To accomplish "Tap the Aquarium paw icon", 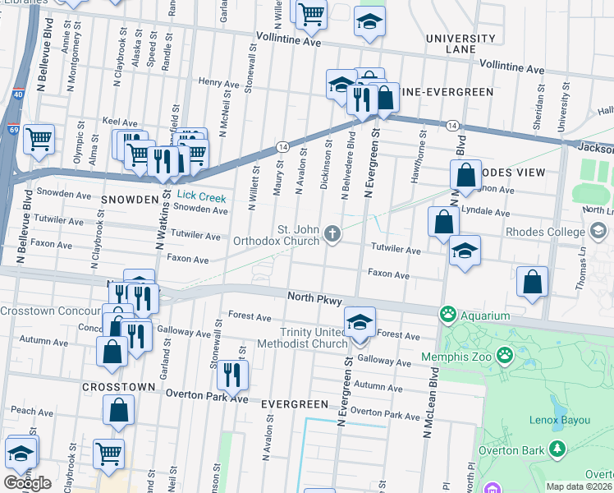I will (447, 315).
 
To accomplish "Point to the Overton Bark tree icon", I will (558, 449).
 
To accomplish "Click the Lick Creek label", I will (202, 197).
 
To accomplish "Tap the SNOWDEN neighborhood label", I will (129, 200).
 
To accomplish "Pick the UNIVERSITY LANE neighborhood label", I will (460, 44).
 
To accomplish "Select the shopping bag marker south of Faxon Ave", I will (533, 281).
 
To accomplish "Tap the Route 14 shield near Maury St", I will (282, 146).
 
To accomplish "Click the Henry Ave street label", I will (218, 82).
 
